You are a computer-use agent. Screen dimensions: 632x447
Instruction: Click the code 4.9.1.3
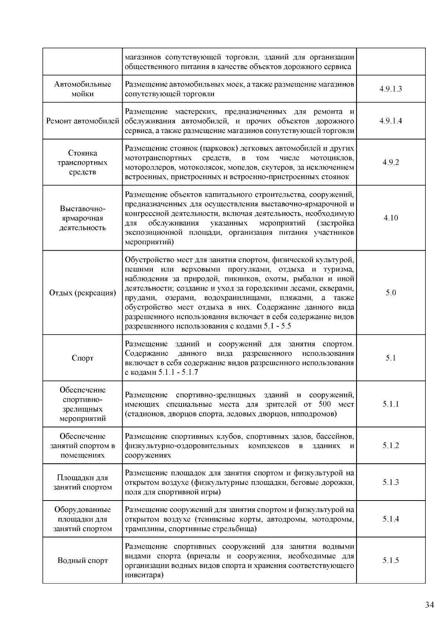click(391, 89)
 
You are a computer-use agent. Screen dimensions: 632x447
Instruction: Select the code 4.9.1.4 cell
click(391, 121)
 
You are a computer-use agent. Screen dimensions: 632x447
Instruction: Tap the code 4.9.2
click(391, 162)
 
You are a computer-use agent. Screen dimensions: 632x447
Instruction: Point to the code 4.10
click(391, 218)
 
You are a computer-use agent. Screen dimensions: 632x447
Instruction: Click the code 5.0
click(391, 293)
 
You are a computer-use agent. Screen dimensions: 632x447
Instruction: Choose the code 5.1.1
click(391, 404)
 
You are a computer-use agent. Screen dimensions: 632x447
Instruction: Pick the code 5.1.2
click(391, 445)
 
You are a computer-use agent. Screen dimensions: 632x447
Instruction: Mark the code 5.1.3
click(391, 482)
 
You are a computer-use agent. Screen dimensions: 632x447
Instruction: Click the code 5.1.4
click(391, 519)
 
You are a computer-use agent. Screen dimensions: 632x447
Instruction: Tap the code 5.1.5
click(391, 560)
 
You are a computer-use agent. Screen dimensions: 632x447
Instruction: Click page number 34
click(429, 605)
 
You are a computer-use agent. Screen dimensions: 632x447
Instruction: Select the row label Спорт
click(82, 358)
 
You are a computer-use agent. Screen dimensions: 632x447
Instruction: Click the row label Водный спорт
click(82, 560)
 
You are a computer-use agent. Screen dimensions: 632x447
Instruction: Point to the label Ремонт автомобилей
click(82, 121)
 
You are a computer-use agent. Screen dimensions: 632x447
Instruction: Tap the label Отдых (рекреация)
click(82, 293)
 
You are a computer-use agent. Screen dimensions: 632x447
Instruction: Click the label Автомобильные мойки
click(82, 89)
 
